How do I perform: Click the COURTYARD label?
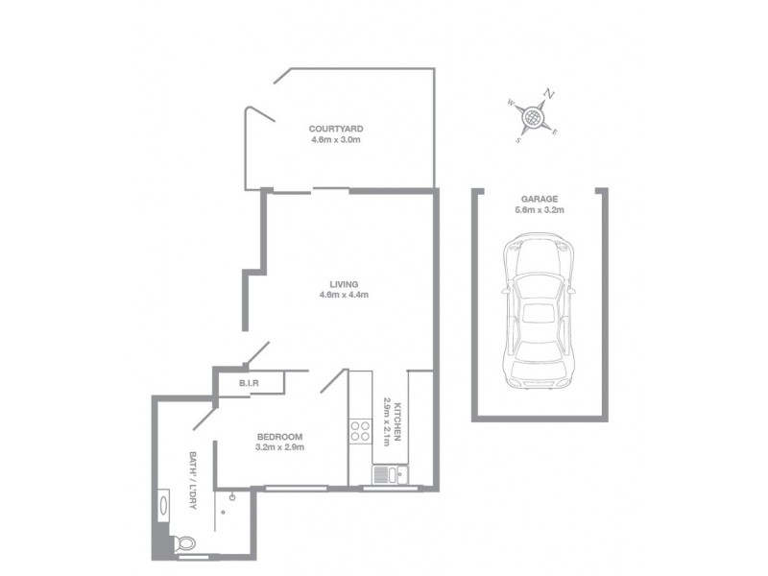pyautogui.click(x=336, y=128)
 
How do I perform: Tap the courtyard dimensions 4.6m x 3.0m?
pyautogui.click(x=336, y=140)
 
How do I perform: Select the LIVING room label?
pyautogui.click(x=344, y=284)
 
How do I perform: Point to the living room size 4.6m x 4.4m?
pyautogui.click(x=344, y=296)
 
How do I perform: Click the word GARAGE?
pyautogui.click(x=539, y=198)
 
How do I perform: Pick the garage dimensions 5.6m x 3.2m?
pyautogui.click(x=539, y=209)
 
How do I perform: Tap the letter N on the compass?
pyautogui.click(x=550, y=94)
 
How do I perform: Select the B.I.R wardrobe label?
pyautogui.click(x=250, y=384)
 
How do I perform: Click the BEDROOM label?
pyautogui.click(x=280, y=435)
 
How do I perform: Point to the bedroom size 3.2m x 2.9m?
pyautogui.click(x=280, y=446)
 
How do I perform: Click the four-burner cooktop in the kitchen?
pyautogui.click(x=362, y=431)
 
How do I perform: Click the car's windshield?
pyautogui.click(x=540, y=284)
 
